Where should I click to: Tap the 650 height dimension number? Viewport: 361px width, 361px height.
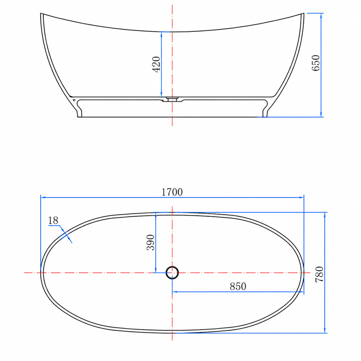point(316,63)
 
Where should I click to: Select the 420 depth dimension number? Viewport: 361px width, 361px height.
point(156,64)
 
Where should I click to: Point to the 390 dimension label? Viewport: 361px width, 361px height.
point(150,242)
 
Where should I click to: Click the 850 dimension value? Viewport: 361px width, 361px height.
point(238,286)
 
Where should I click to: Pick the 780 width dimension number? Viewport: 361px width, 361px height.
point(319,274)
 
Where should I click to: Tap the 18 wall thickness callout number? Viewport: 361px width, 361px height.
point(53,221)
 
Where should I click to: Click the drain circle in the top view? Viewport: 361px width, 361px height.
point(172,273)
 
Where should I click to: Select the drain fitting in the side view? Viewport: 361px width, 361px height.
point(172,99)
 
